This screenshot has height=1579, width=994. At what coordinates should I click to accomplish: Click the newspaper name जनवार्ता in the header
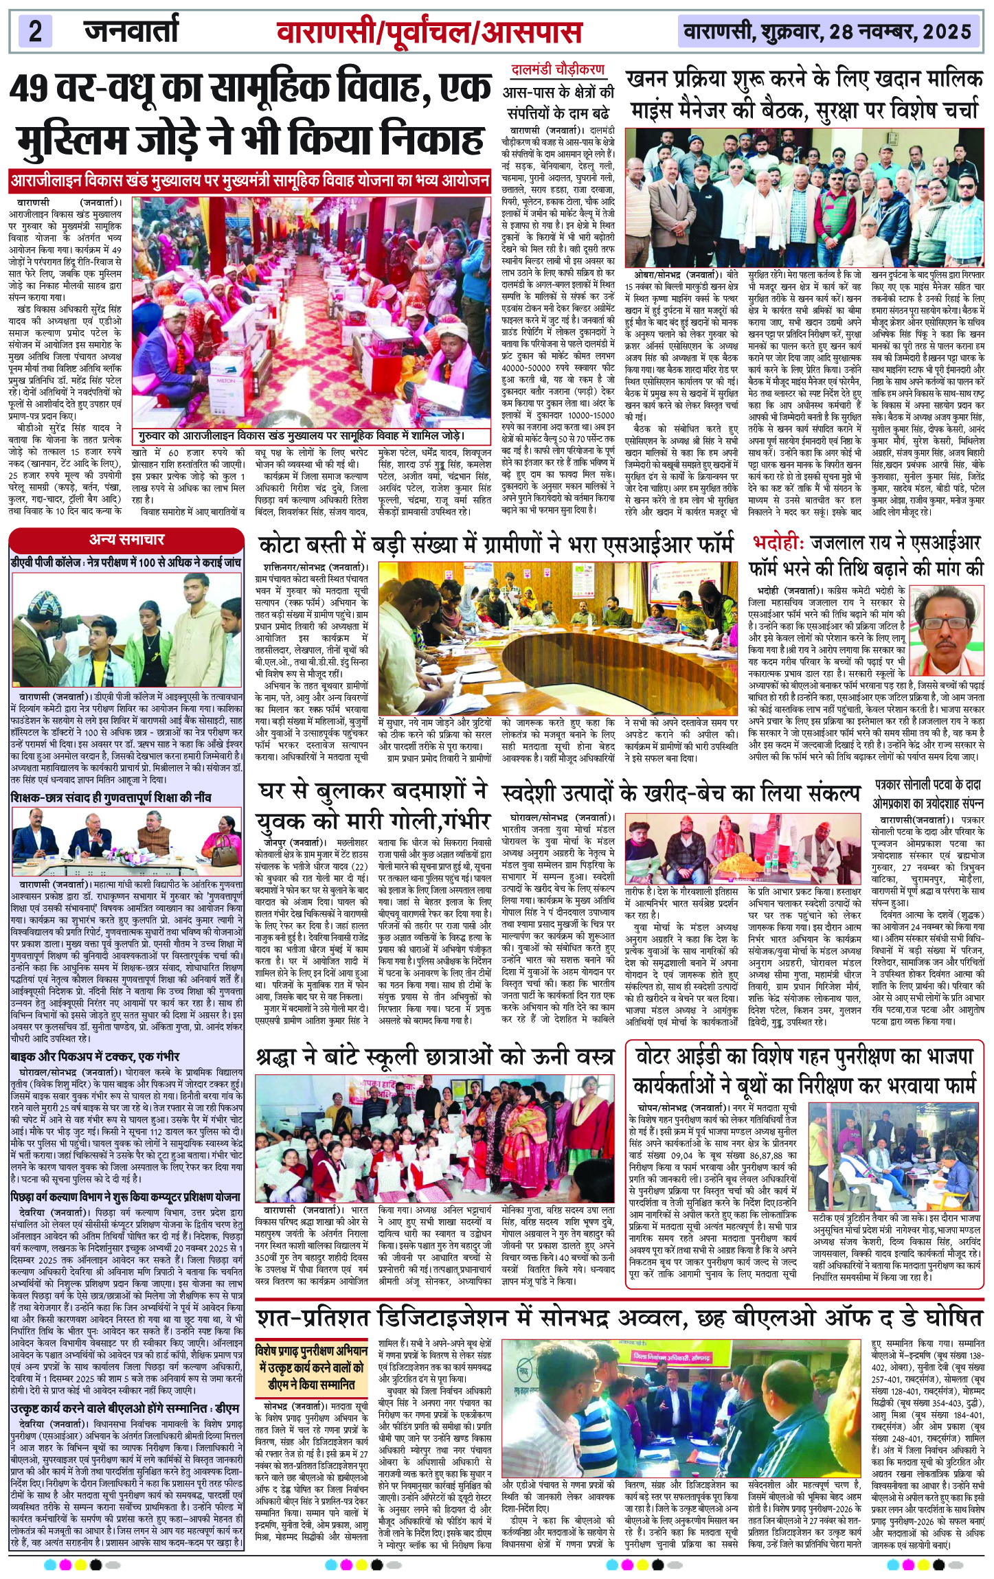(130, 31)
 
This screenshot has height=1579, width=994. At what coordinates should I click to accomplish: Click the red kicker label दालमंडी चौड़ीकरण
(558, 69)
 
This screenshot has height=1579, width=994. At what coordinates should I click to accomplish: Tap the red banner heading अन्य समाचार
(126, 540)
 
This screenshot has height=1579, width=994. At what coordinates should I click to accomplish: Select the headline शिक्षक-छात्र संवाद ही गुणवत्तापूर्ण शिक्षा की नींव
(120, 797)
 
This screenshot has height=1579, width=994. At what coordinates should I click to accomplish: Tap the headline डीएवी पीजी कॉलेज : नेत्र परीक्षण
(126, 563)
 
